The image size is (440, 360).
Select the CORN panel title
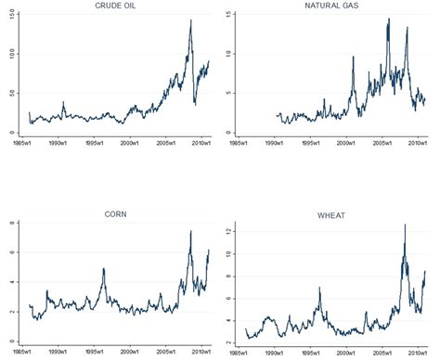coord(115,214)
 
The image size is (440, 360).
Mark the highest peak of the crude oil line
coord(190,20)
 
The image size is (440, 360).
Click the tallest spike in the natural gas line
coord(388,19)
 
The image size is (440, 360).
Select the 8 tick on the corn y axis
coord(9,223)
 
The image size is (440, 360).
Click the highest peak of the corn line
coord(190,231)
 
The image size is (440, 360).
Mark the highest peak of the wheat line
coord(404,225)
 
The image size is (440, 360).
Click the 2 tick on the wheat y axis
coord(230,342)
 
